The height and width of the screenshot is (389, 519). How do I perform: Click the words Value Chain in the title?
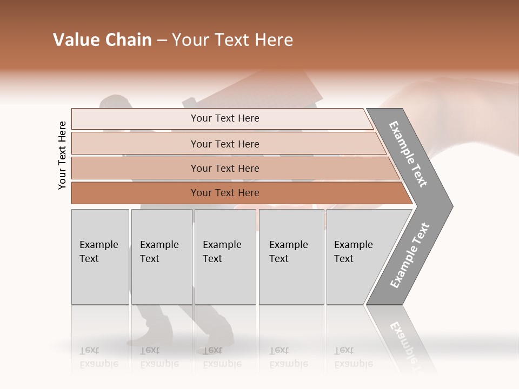[x=102, y=40]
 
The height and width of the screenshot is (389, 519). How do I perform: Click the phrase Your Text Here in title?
[x=232, y=40]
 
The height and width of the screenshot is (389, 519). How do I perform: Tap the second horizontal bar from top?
[x=225, y=144]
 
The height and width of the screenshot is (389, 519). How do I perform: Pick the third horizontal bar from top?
[x=225, y=168]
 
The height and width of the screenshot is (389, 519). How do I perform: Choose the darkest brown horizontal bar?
[x=225, y=193]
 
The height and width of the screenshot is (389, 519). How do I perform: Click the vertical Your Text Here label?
[x=62, y=156]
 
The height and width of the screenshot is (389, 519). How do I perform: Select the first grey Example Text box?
[x=100, y=257]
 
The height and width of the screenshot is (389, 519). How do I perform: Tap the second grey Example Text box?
[x=161, y=257]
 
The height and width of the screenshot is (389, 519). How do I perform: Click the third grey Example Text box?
[x=224, y=257]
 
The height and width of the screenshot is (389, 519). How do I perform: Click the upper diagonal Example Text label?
[x=408, y=154]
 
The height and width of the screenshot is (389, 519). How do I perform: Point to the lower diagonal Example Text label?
[x=410, y=256]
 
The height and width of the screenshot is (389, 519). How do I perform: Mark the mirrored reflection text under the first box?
[x=98, y=358]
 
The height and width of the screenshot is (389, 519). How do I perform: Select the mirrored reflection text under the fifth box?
[x=353, y=358]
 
